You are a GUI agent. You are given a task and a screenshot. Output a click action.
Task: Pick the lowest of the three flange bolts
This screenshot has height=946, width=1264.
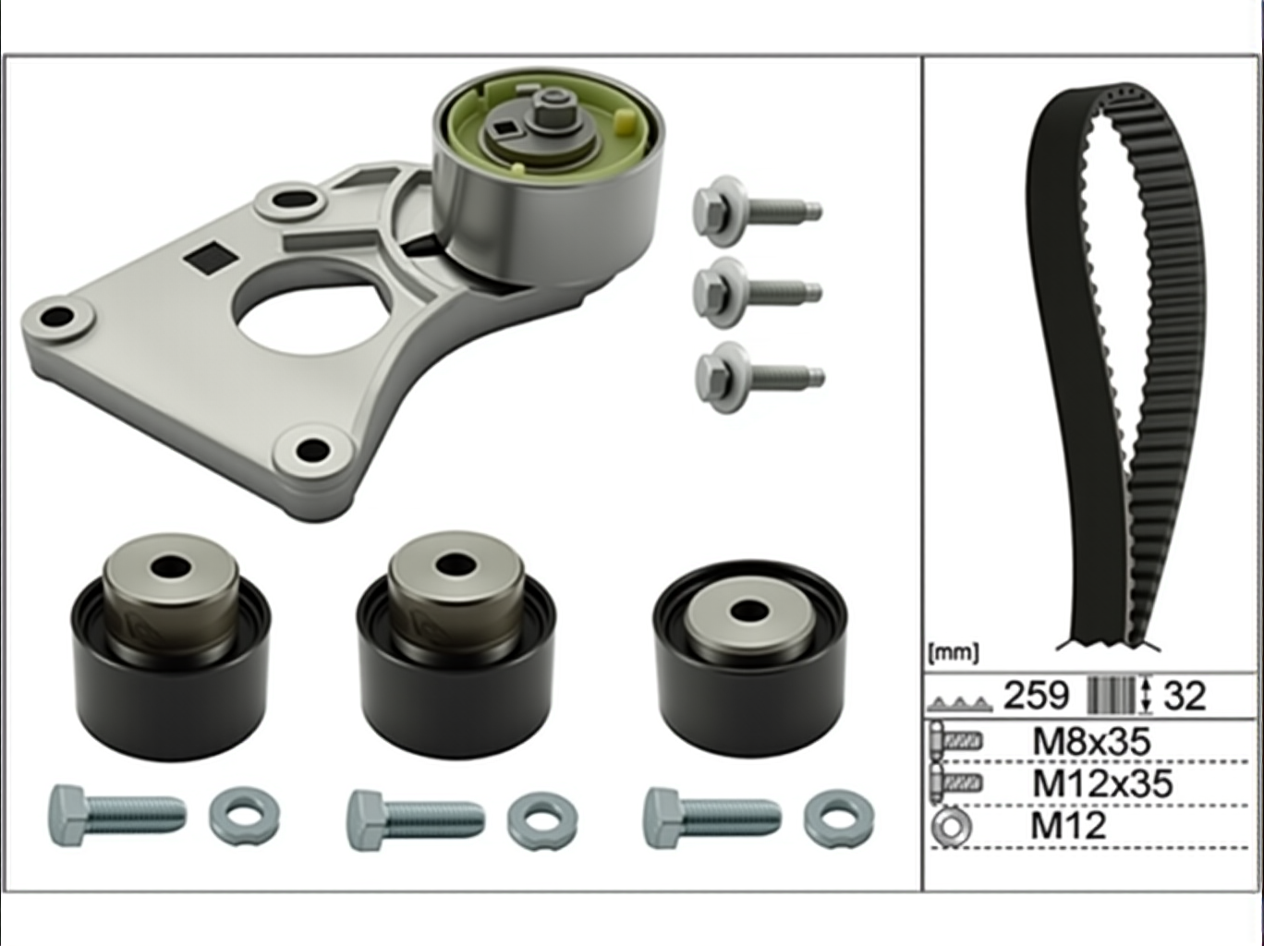(759, 377)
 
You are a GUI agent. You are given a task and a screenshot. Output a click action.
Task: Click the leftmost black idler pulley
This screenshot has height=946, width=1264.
(171, 646)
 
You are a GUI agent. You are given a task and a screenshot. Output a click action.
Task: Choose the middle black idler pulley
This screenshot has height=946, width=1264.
(456, 644)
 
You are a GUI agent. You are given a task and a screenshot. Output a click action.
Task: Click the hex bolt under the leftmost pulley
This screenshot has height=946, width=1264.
(117, 816)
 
